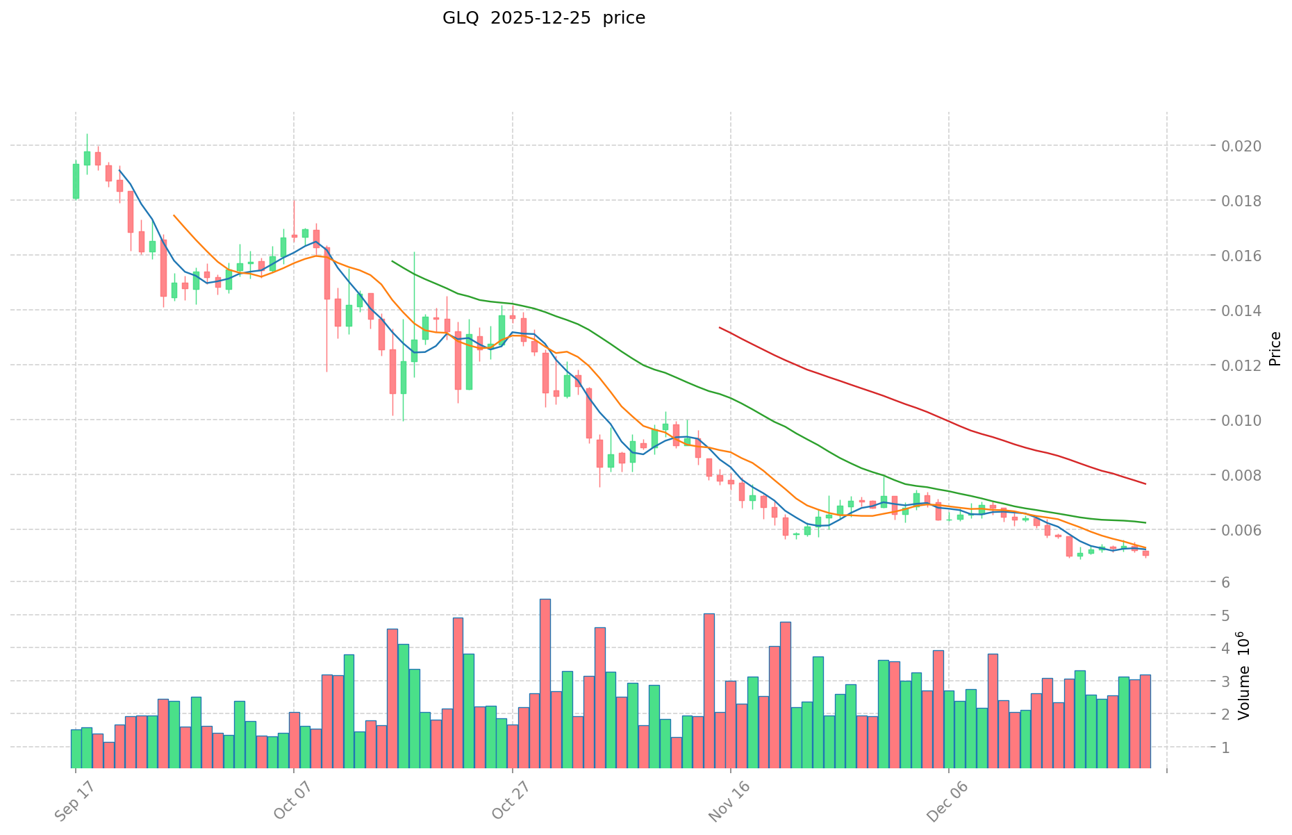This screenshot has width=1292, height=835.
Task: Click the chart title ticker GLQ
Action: point(461,18)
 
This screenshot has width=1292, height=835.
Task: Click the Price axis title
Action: point(1275,349)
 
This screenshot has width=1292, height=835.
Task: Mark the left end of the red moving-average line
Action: point(720,327)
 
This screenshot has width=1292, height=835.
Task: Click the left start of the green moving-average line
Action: point(392,261)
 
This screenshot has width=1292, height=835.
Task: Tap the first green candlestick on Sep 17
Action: point(76,181)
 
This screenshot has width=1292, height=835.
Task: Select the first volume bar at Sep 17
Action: point(76,749)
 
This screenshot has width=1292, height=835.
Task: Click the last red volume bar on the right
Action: point(1145,721)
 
